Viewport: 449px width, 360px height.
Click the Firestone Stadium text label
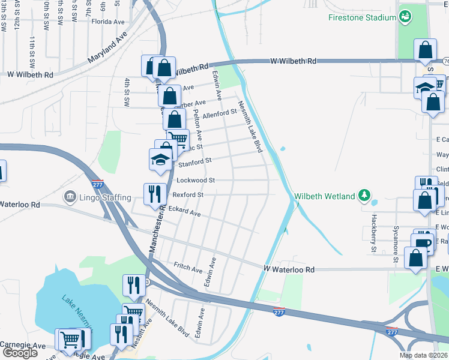coord(362,17)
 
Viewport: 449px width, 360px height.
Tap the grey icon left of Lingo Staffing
coord(70,197)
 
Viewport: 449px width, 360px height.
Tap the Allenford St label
coord(220,114)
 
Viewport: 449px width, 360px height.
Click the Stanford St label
coord(195,161)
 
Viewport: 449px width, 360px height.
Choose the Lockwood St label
coord(196,180)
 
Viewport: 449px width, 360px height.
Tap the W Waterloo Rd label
coord(288,270)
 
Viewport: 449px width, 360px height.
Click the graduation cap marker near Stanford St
coord(160,159)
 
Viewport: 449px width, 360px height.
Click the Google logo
coord(19,353)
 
